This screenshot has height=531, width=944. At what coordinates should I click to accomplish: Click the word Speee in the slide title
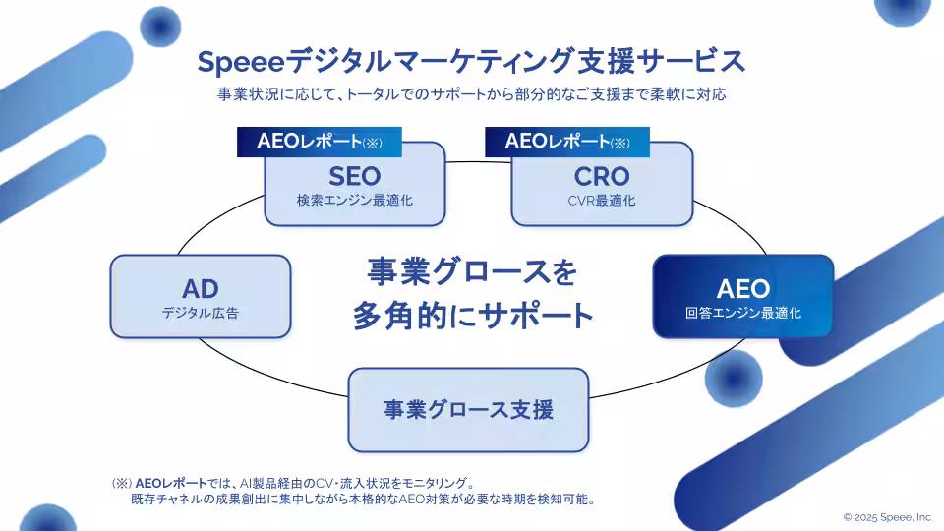coord(240,61)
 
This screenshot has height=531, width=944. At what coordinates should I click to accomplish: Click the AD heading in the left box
coord(200,289)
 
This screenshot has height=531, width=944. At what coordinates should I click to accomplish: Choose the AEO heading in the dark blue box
coord(742,289)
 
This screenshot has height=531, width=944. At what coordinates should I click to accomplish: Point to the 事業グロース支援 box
coord(468,409)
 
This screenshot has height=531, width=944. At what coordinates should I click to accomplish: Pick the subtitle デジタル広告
coord(200,314)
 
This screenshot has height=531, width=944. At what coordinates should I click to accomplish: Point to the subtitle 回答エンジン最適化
coord(742,314)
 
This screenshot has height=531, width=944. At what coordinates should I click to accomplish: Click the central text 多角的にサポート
coord(472,316)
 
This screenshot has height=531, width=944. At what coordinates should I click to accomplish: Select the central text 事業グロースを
coord(472,271)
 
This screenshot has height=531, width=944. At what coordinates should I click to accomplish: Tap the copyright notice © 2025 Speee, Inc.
coord(887,516)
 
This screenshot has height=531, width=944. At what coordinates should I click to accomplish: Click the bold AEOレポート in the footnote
coord(172,483)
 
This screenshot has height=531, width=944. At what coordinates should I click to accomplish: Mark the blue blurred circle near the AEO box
coord(734,378)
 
